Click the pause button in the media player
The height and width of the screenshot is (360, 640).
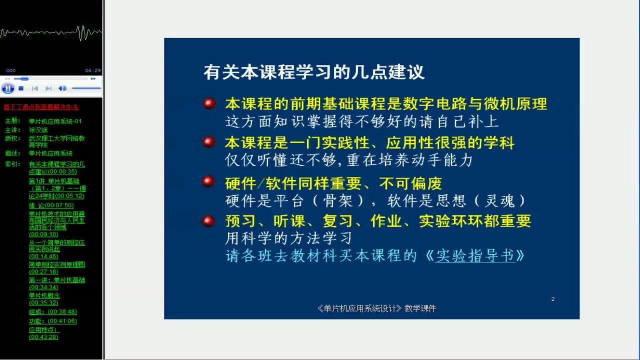(7, 88)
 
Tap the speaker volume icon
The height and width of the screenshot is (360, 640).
(62, 88)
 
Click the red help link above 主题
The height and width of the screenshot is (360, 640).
(41, 107)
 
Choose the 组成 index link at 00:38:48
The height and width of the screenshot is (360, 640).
(52, 311)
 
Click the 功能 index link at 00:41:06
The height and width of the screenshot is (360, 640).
(52, 321)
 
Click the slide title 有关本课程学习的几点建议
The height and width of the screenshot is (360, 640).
(313, 72)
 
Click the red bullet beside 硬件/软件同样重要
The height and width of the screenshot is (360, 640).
(209, 182)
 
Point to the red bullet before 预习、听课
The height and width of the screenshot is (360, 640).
(209, 221)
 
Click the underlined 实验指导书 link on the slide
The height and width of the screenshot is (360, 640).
(474, 255)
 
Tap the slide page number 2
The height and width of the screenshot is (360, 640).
(553, 299)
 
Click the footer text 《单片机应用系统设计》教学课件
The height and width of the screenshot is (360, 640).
(376, 308)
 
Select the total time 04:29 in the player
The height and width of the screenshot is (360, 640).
(92, 70)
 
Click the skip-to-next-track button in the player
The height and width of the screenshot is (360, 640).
(48, 88)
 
